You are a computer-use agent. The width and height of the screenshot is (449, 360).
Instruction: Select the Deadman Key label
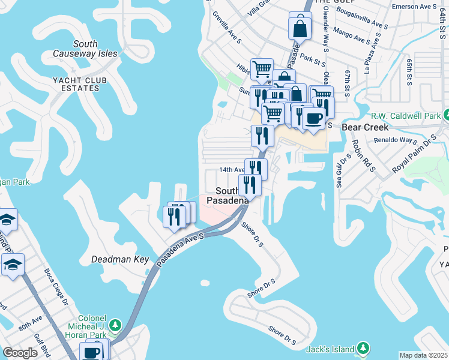pos(119,259)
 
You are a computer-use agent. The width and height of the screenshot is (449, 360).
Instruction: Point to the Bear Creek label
pos(365,127)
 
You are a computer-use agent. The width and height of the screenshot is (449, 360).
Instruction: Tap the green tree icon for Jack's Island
pos(363,348)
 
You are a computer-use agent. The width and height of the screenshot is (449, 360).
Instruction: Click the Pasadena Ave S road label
pos(180,251)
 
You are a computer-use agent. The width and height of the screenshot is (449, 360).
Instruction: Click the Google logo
pos(20,353)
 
